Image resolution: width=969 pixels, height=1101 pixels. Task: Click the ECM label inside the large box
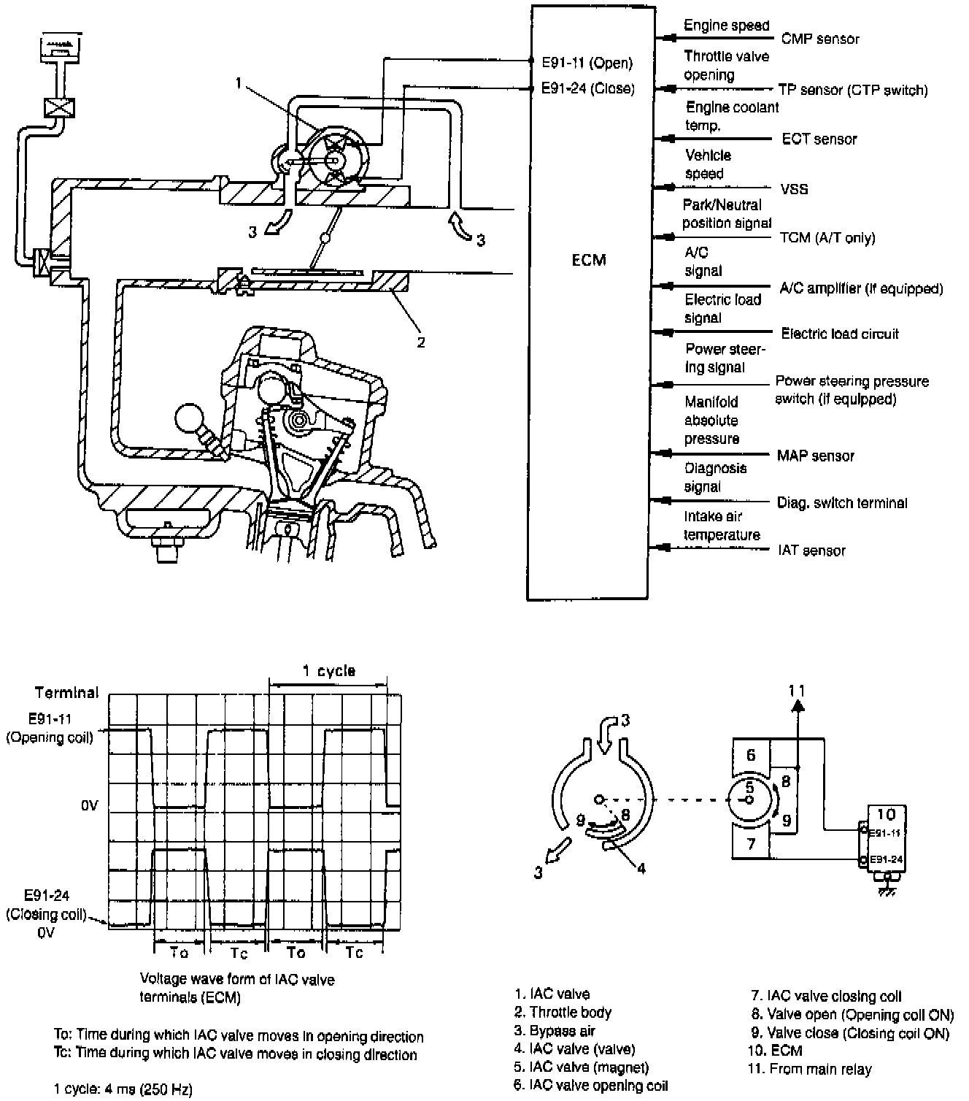click(x=588, y=260)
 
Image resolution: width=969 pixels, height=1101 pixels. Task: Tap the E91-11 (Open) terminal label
click(x=587, y=63)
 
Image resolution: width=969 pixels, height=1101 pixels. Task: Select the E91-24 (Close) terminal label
click(x=588, y=89)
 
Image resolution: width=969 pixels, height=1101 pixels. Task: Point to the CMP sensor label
click(x=819, y=39)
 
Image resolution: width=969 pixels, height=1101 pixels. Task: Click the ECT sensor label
click(x=819, y=139)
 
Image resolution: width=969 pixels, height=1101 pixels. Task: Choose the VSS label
click(x=794, y=189)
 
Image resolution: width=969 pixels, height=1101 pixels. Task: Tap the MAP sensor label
click(x=815, y=456)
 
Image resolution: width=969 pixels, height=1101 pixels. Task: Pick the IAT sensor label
click(x=811, y=550)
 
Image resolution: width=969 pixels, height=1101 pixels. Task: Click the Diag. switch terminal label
click(x=841, y=503)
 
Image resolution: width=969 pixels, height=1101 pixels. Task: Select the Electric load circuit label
click(x=839, y=334)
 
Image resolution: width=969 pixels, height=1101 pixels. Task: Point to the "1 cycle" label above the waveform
click(x=328, y=671)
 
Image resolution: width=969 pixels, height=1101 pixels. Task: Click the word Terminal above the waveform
click(x=66, y=692)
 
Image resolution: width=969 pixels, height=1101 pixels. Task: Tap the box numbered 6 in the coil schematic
click(x=751, y=756)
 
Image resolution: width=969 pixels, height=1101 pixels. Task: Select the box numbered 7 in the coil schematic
click(x=751, y=844)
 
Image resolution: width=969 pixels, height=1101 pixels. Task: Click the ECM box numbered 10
click(x=885, y=815)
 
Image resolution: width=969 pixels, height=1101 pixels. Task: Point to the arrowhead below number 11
click(x=798, y=705)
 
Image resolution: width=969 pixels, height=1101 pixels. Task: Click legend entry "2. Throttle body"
click(x=563, y=1013)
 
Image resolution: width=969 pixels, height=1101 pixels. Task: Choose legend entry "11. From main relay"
click(x=810, y=1070)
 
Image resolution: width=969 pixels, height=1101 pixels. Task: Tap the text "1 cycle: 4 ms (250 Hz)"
click(x=123, y=1089)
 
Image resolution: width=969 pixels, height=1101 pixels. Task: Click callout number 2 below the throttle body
click(x=421, y=342)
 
